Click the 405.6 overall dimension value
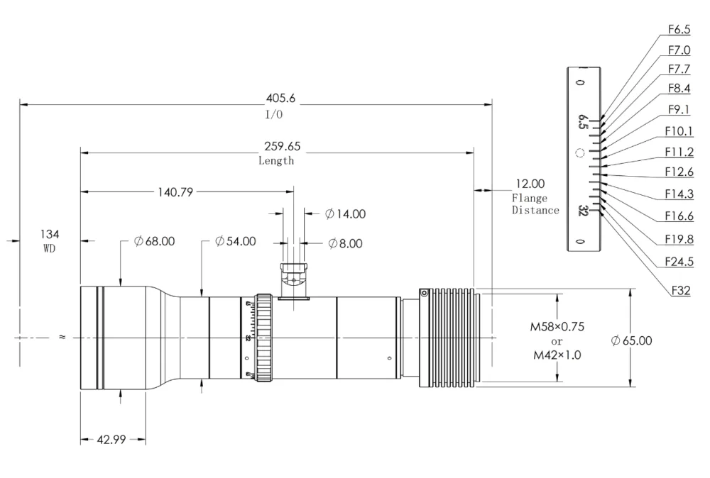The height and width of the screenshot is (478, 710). [x=280, y=98]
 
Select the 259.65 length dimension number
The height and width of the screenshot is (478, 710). [x=282, y=146]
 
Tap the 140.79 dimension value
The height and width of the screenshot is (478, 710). [x=175, y=192]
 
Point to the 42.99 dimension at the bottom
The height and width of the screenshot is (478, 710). [x=111, y=439]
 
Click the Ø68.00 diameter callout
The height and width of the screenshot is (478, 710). [x=154, y=241]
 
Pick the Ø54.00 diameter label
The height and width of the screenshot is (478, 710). [x=236, y=241]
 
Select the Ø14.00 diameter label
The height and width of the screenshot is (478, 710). [x=346, y=214]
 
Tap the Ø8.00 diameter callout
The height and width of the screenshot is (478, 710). [x=346, y=244]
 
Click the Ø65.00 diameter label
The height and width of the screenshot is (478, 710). [x=632, y=340]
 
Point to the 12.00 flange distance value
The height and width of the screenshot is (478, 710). [x=530, y=184]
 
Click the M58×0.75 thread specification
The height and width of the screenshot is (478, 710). [x=557, y=326]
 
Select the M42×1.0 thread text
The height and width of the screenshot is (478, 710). [x=557, y=355]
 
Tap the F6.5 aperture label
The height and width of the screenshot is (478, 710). [x=679, y=29]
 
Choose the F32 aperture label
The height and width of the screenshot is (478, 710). [x=681, y=290]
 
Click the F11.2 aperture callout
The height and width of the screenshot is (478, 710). [x=679, y=152]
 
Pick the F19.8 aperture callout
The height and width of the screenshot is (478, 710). [x=679, y=239]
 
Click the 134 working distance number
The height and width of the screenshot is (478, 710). [x=50, y=234]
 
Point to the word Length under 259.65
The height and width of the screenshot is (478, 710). [x=276, y=160]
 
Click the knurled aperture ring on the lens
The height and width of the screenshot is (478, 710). [x=264, y=338]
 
